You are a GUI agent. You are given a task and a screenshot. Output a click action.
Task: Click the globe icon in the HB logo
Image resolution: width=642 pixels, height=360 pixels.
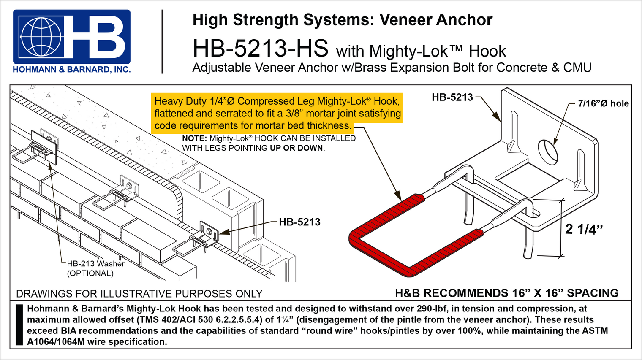click(41, 37)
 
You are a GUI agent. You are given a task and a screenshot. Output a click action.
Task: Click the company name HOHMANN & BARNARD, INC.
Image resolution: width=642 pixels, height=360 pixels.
click(72, 70)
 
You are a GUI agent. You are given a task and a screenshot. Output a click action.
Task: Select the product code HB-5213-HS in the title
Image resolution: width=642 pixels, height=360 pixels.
click(260, 49)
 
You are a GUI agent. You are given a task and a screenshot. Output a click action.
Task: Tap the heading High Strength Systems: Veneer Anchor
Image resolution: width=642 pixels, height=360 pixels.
click(342, 20)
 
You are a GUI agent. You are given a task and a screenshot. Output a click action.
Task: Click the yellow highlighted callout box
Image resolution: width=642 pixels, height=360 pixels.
click(277, 113)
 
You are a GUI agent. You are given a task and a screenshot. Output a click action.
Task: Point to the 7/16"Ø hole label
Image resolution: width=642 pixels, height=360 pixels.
click(603, 103)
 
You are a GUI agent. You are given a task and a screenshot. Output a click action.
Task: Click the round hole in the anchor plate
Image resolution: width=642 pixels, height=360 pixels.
click(547, 152)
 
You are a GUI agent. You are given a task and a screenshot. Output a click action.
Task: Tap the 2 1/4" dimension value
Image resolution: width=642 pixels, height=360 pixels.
click(584, 229)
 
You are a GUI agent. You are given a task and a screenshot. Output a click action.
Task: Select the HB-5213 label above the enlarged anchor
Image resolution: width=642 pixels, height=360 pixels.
click(452, 97)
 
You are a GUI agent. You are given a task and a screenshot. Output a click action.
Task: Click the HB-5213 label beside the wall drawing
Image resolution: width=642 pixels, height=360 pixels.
click(299, 222)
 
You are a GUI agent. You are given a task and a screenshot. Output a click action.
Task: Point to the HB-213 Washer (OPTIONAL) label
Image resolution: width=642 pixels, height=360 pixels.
click(95, 268)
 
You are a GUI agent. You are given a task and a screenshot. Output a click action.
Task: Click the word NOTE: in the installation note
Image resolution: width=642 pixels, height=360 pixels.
click(194, 138)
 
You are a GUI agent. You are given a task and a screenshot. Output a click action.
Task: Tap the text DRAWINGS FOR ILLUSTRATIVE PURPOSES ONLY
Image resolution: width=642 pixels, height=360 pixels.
click(139, 294)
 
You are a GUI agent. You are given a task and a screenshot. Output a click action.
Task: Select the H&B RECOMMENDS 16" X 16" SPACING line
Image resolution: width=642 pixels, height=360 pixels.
click(506, 293)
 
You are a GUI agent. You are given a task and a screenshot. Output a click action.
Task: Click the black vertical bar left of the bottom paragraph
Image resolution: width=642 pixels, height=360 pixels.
click(19, 325)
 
